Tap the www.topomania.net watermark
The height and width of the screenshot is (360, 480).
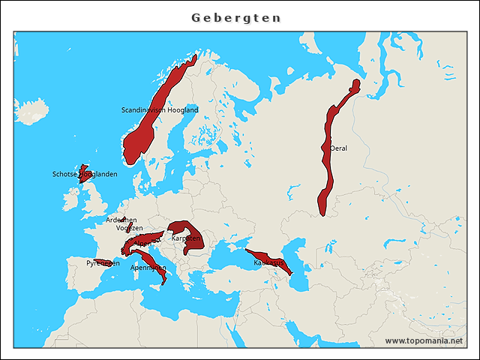coord(424,340)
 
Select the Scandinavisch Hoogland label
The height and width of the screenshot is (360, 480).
coord(160,110)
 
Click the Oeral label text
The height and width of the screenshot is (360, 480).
coord(339,148)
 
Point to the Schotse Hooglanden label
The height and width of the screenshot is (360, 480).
coord(85,175)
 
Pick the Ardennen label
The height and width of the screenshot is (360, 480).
coord(121,220)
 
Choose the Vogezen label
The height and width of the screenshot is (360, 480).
coord(129,228)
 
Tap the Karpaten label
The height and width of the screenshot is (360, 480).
coord(186,238)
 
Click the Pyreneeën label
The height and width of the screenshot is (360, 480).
coord(102,263)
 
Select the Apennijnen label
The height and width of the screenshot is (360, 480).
coord(148,268)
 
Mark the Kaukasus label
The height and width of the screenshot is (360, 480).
coord(269,263)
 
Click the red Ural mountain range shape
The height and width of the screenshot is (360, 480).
coord(328,172)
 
